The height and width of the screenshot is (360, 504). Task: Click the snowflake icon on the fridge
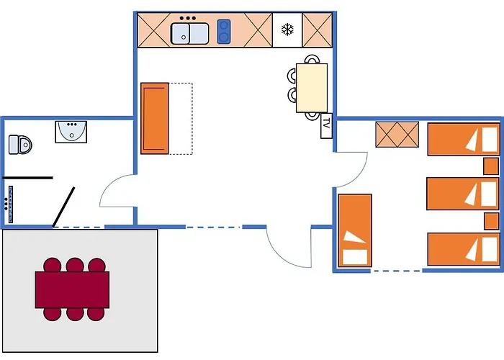287,30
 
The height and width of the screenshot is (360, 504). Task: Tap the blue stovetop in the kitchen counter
223,31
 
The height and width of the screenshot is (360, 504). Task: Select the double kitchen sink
189,32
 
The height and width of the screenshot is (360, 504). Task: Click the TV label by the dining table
326,125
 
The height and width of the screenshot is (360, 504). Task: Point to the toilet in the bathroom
20,144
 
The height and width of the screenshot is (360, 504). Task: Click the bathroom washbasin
71,132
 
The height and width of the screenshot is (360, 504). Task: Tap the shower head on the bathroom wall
9,197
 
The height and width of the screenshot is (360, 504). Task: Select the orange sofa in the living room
155,118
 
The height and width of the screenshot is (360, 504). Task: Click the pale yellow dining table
312,87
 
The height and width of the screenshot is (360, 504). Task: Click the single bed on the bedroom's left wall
354,230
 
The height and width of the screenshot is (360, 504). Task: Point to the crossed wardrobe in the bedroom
397,135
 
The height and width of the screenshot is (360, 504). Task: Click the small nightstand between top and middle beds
492,166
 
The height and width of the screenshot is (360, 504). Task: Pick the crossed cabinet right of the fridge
315,30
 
